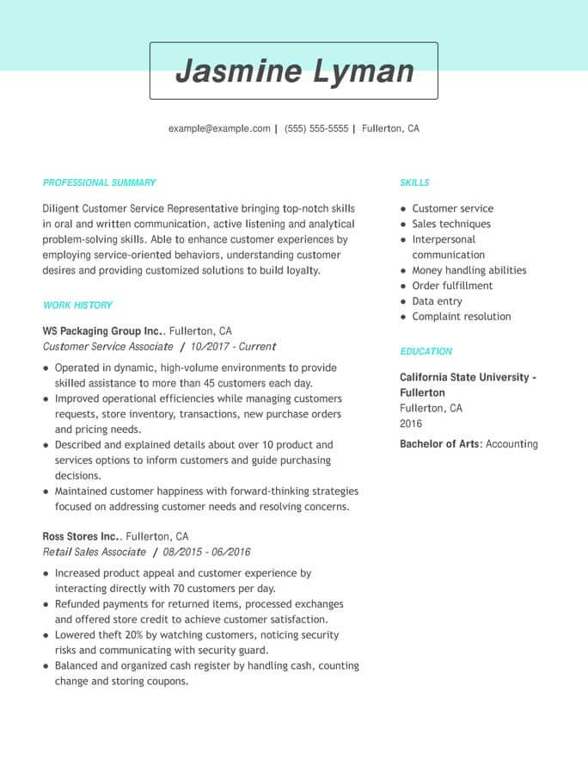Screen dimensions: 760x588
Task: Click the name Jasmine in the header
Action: [236, 71]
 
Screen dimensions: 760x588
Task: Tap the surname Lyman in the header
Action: [363, 71]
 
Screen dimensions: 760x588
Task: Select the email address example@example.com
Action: [219, 128]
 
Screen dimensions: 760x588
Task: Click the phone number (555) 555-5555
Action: [316, 128]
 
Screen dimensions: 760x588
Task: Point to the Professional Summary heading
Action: [99, 182]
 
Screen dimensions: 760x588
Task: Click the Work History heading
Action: [77, 305]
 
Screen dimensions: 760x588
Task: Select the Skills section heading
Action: [414, 182]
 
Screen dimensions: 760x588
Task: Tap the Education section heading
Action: [426, 351]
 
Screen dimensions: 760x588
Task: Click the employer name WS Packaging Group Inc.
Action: [102, 331]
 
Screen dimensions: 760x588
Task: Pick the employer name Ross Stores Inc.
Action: [81, 535]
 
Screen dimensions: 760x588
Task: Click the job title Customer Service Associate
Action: [107, 346]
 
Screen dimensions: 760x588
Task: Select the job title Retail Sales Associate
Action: [94, 551]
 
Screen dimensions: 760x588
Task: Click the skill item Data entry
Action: [437, 301]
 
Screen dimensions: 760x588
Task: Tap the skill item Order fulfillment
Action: [452, 286]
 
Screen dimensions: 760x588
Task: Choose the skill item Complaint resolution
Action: [461, 317]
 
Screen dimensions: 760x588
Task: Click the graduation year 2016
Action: [411, 423]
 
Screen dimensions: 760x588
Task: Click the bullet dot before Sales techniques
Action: [402, 225]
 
